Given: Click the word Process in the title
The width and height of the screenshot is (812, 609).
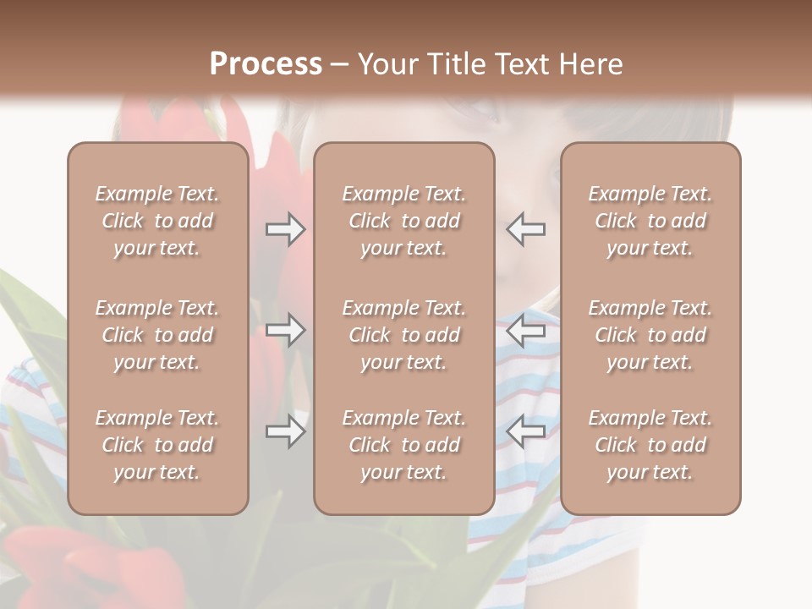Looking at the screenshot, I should click(x=266, y=63).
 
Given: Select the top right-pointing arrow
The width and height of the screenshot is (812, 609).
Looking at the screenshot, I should click(x=285, y=229).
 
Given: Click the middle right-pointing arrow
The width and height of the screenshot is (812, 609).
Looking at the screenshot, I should click(x=285, y=330).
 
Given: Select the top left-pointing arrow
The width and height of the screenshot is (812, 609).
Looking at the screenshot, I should click(x=526, y=229).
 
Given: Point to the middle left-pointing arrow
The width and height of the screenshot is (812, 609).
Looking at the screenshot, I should click(x=526, y=330).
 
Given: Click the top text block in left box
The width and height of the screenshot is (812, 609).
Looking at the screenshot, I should click(x=157, y=221).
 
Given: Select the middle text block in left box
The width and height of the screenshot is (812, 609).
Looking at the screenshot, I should click(x=157, y=335).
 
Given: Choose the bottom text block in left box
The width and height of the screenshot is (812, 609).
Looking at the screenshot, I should click(x=157, y=445).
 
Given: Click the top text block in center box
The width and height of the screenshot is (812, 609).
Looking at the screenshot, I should click(x=404, y=221).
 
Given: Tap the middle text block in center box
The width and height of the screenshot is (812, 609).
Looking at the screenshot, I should click(x=404, y=335).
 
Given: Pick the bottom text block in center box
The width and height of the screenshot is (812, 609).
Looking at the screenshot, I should click(x=404, y=445).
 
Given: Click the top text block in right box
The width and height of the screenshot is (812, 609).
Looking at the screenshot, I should click(x=650, y=221).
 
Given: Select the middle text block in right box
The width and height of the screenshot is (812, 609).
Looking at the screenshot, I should click(x=650, y=335).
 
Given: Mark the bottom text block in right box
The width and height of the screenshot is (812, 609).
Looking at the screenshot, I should click(x=650, y=445).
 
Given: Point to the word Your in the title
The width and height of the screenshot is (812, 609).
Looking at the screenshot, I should click(x=387, y=63).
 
